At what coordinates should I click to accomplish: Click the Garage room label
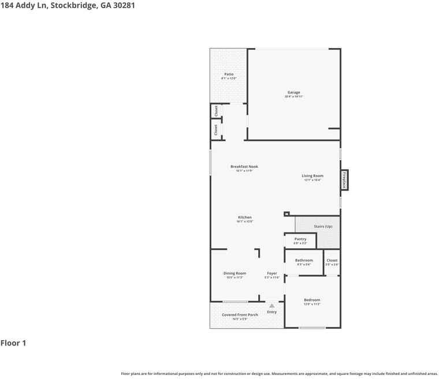point(294,93)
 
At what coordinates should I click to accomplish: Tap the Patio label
point(229,74)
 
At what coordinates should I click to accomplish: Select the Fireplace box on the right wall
point(345,180)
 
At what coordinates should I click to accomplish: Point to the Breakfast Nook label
point(244,167)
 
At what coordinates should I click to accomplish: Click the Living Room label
point(312,176)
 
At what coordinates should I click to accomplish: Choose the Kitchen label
point(244,218)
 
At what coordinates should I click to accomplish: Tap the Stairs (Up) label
point(323,226)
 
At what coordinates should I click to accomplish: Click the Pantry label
point(300,239)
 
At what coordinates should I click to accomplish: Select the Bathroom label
point(304,260)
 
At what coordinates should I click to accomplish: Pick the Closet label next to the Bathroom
point(332,260)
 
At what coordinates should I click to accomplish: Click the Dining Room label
point(235,273)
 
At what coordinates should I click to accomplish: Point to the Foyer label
point(272,273)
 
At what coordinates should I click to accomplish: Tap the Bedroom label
point(312,300)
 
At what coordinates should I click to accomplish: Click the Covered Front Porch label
point(240,315)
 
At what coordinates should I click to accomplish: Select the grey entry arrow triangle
point(272,306)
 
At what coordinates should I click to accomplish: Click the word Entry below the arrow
point(272,312)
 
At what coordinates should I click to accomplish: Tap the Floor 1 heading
point(13,343)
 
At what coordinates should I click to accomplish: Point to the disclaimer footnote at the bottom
point(279,374)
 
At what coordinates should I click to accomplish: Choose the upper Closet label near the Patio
point(216,111)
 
